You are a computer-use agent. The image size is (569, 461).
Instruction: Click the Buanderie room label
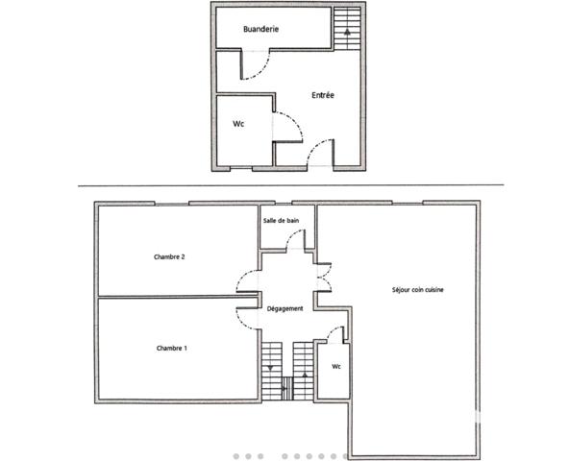pos(260,30)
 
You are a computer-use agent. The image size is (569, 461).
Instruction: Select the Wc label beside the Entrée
pos(238,124)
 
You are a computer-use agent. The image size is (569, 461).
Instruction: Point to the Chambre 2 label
pos(169,256)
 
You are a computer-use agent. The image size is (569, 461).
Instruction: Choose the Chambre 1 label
pos(171,348)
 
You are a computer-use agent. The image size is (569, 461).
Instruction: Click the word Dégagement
pos(286,308)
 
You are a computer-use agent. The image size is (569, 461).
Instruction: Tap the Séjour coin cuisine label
pos(417,289)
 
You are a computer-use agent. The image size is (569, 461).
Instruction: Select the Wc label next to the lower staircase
pos(336,366)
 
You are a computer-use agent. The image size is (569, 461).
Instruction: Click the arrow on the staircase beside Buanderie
pos(346,31)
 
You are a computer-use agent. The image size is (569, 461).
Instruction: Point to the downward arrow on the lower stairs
pos(271,367)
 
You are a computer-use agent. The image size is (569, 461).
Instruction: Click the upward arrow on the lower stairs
pos(305,373)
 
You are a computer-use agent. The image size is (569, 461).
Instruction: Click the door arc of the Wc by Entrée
pos(289,122)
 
